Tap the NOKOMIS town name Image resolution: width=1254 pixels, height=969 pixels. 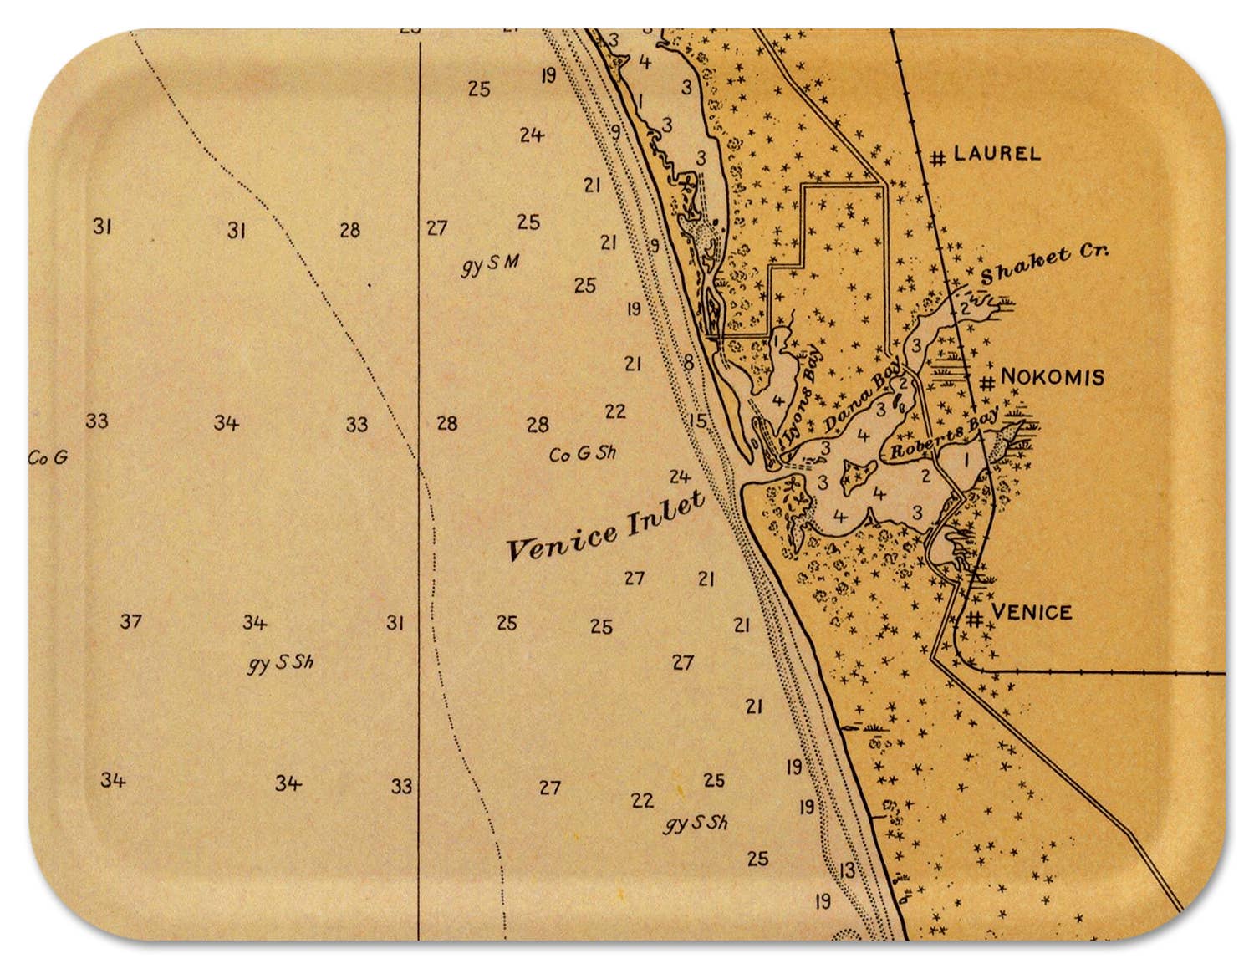(x=1052, y=377)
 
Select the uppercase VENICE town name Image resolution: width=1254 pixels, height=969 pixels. (x=1031, y=612)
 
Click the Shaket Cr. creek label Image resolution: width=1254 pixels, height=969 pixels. (x=1044, y=264)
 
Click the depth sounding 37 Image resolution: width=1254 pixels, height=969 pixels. (x=130, y=621)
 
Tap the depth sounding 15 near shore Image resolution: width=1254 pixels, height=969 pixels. (x=697, y=421)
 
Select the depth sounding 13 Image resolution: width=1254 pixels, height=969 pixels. (x=847, y=870)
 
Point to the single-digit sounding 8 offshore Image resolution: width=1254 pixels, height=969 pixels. (x=688, y=363)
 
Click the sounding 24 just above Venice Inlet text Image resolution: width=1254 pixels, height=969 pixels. (x=680, y=477)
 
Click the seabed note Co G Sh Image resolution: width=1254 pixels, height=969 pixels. (x=583, y=454)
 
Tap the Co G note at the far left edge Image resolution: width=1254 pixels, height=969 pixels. (x=48, y=458)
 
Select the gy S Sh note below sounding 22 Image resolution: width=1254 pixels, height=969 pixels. (x=696, y=824)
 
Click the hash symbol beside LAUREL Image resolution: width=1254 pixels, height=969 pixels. (x=938, y=157)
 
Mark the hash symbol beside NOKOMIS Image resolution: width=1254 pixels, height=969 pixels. (x=987, y=383)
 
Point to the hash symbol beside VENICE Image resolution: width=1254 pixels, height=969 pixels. (x=975, y=619)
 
